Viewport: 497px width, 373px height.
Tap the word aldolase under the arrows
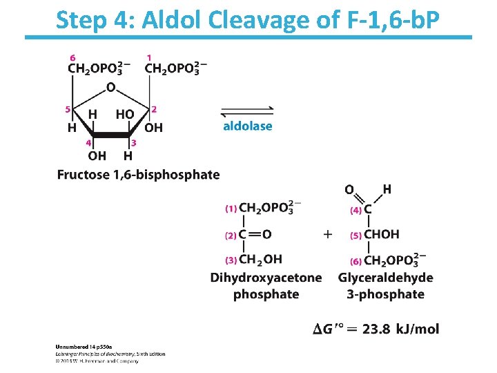(x=247, y=126)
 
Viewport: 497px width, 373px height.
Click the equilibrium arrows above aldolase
(x=247, y=111)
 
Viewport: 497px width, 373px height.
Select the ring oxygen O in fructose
(x=110, y=88)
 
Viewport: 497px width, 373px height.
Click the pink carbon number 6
(x=73, y=57)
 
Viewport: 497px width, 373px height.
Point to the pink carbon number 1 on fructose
(x=150, y=57)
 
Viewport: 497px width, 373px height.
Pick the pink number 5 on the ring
(x=68, y=109)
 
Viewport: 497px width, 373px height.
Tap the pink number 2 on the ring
(x=154, y=109)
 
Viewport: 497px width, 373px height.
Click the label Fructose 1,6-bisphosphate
(x=138, y=175)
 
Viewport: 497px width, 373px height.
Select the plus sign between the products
(x=327, y=234)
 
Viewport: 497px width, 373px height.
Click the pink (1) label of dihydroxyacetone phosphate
(x=231, y=208)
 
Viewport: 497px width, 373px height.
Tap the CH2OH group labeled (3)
(x=260, y=260)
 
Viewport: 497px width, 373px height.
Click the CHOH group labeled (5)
(x=382, y=234)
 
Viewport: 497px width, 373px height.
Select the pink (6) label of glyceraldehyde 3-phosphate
(x=355, y=261)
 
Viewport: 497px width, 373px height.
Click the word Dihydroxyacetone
(x=266, y=278)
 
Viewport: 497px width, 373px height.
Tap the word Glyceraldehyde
(x=386, y=278)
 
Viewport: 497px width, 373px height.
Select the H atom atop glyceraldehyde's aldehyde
(x=387, y=189)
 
